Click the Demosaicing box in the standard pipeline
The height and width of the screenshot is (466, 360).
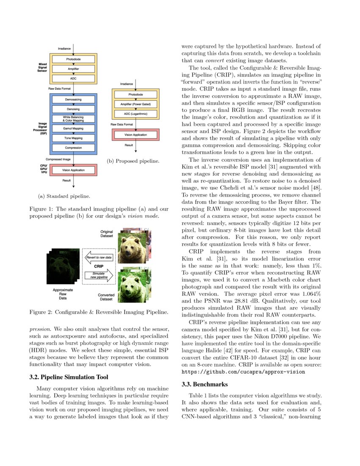(x=74, y=99)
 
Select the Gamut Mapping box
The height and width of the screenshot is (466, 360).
(x=74, y=128)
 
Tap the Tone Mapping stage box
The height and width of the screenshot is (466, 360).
(x=74, y=138)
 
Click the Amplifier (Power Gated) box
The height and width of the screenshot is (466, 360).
(x=136, y=104)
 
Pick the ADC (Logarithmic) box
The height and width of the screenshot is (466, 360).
(x=136, y=114)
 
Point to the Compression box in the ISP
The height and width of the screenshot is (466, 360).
(x=74, y=148)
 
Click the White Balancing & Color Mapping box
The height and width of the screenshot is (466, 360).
(x=74, y=119)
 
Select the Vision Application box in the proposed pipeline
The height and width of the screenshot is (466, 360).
(x=136, y=134)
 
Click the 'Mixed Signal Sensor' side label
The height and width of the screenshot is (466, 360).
(x=43, y=68)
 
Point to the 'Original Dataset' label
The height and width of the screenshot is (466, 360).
(x=106, y=234)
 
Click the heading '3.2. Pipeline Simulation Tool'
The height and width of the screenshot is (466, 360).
(x=69, y=377)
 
